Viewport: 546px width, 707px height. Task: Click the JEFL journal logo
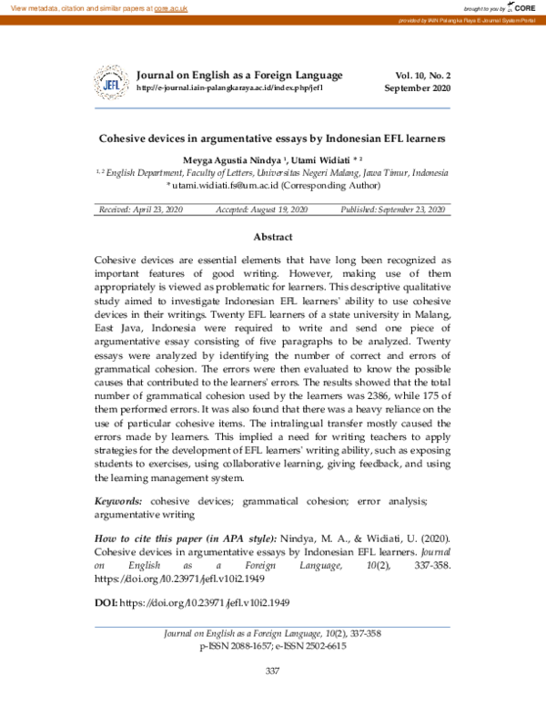(113, 82)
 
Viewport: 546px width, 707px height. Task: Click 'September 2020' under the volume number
(417, 88)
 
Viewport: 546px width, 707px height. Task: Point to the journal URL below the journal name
(229, 88)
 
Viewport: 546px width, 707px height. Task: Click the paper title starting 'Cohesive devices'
(272, 139)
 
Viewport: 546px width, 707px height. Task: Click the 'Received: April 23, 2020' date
(142, 210)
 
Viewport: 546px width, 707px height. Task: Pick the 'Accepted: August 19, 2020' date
(262, 210)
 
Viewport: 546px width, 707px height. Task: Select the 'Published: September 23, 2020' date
(392, 210)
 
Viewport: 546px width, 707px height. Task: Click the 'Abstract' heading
(272, 236)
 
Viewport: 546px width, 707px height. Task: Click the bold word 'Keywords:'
(119, 501)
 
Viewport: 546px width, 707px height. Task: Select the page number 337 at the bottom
(272, 671)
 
